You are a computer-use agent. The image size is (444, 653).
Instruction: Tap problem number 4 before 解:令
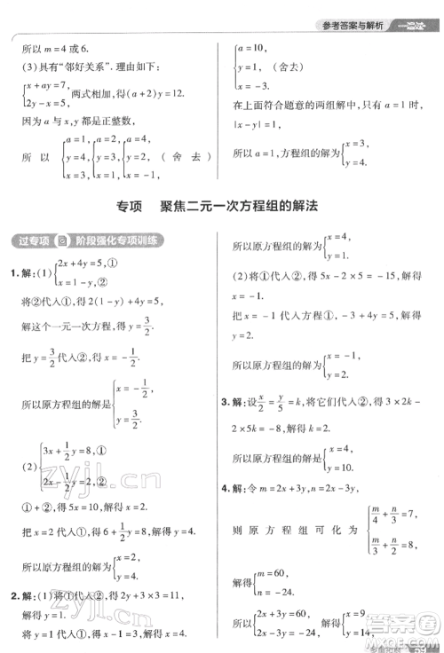(226, 488)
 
